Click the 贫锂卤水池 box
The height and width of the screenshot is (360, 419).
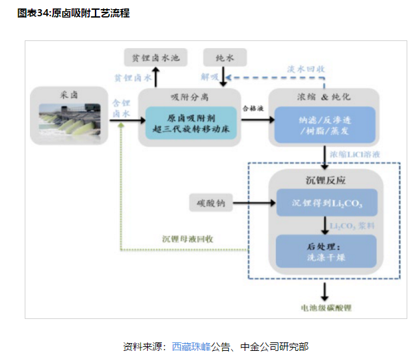pos(155,58)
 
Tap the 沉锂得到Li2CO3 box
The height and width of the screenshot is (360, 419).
pos(326,204)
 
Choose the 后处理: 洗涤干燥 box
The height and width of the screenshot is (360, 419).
pos(326,251)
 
